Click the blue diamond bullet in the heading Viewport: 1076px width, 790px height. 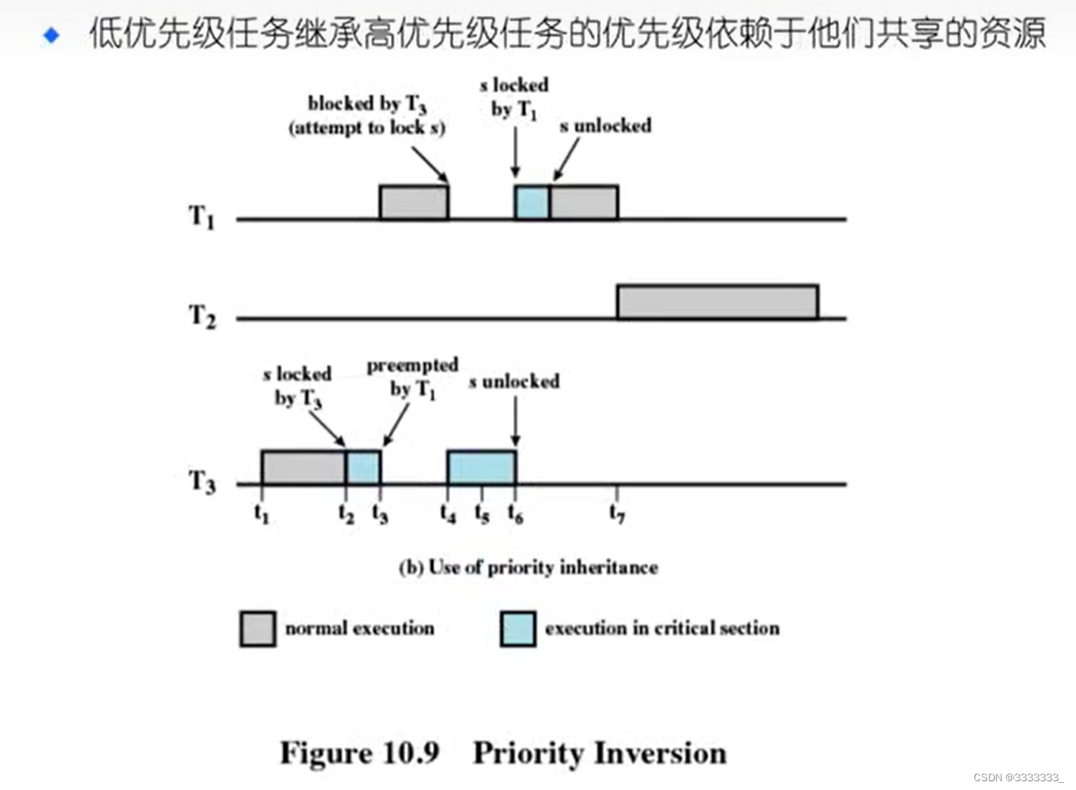(52, 35)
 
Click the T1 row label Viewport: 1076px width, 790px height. (201, 216)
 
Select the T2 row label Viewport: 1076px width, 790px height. (201, 316)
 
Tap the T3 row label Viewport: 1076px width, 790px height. (201, 481)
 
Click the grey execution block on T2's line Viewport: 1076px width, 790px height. (717, 302)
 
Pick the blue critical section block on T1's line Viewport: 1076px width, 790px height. (532, 202)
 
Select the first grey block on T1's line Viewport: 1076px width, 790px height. (413, 202)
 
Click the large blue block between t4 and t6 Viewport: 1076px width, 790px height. (481, 467)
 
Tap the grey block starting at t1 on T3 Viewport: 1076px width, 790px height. (303, 467)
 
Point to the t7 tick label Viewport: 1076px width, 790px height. (617, 515)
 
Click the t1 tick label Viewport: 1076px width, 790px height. (262, 515)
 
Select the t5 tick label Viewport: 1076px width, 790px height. (482, 515)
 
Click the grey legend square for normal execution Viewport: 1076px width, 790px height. (258, 628)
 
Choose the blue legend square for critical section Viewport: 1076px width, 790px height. (518, 628)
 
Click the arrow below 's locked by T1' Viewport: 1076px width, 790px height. (515, 151)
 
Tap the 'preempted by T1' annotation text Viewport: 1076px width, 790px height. (412, 377)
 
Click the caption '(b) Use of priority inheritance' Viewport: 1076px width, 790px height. (528, 567)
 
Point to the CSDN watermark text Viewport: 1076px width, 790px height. (1018, 777)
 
